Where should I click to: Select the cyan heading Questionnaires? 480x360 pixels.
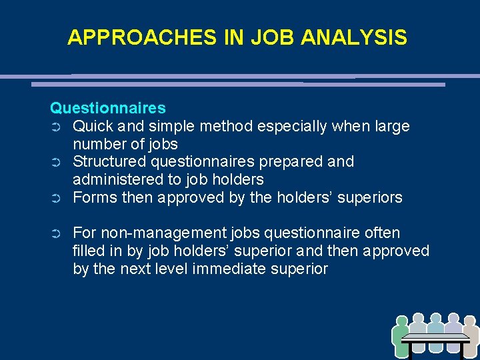(108, 108)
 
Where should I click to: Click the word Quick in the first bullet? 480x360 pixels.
(91, 126)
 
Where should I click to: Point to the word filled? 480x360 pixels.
(87, 251)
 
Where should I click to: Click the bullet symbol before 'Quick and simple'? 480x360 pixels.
(56, 127)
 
